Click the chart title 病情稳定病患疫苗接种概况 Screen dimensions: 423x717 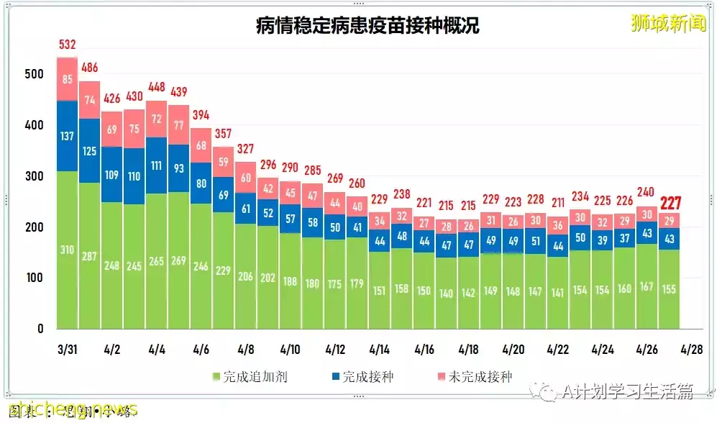tap(367, 27)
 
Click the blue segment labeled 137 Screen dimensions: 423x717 tap(67, 136)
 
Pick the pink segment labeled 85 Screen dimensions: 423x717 tap(67, 79)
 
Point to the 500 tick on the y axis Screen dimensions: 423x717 tap(33, 74)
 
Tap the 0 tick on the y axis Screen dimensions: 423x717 tap(40, 329)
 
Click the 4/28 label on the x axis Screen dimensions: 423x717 tap(691, 350)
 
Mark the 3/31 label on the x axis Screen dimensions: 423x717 tap(67, 350)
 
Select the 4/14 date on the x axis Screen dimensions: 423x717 tap(379, 350)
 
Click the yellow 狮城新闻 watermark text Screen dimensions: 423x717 tap(668, 24)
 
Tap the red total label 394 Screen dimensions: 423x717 tap(201, 116)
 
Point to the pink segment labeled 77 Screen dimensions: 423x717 tap(178, 124)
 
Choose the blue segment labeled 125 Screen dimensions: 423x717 tap(89, 151)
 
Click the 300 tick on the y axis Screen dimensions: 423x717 tap(33, 176)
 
